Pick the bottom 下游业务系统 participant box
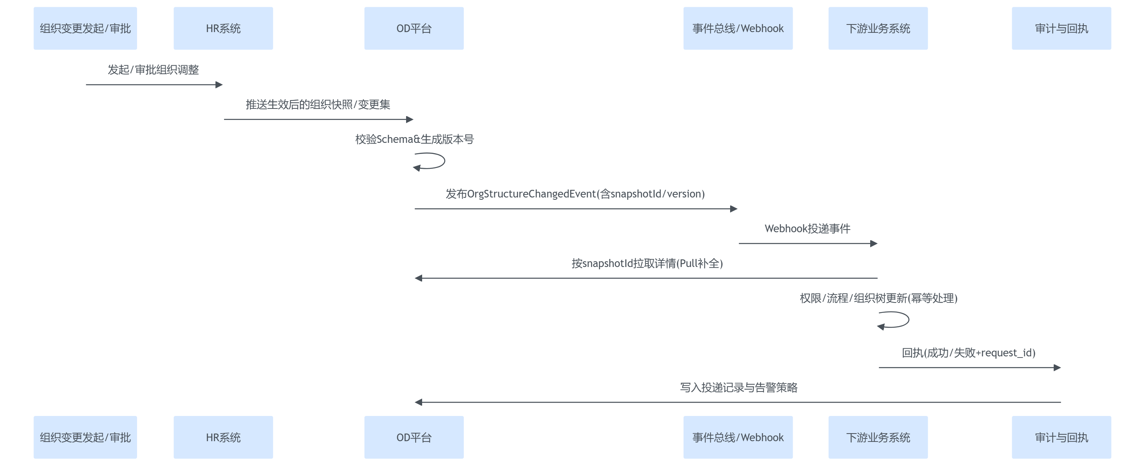pyautogui.click(x=878, y=437)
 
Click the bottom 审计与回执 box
pyautogui.click(x=1061, y=437)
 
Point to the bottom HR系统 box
pyautogui.click(x=223, y=437)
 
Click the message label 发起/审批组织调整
pyautogui.click(x=153, y=70)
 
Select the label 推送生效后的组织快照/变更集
pyautogui.click(x=318, y=105)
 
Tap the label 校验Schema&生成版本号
pyautogui.click(x=414, y=139)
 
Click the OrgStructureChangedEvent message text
pyautogui.click(x=575, y=194)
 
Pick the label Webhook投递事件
pyautogui.click(x=807, y=228)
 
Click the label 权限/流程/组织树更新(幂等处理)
pyautogui.click(x=878, y=298)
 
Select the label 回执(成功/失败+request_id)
pyautogui.click(x=969, y=353)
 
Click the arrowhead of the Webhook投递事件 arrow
pyautogui.click(x=874, y=244)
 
